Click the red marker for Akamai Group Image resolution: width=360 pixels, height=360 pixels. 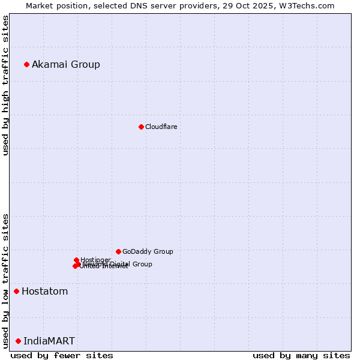[26, 64]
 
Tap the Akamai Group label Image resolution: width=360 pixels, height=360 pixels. [66, 65]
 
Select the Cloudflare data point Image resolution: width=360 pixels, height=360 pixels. [141, 127]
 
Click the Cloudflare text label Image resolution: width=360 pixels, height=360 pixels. [161, 127]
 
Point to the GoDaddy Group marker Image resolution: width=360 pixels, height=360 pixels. [118, 251]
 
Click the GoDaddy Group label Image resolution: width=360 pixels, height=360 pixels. [148, 251]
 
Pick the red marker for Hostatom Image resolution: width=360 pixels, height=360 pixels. [16, 292]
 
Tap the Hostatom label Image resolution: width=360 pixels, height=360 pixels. [45, 292]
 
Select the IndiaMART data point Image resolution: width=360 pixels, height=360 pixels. [18, 341]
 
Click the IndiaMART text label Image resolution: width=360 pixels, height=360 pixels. [49, 341]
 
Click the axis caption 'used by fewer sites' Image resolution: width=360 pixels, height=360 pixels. [62, 356]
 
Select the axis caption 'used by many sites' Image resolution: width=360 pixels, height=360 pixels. [301, 356]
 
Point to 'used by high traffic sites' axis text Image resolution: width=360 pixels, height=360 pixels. [5, 85]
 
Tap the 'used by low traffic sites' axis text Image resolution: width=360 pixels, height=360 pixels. [5, 280]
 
